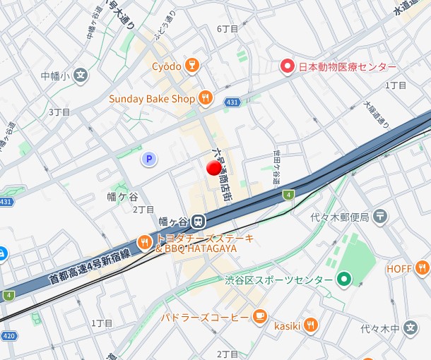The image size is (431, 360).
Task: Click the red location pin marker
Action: pos(213,168)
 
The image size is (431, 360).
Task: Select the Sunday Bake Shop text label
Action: pos(151,99)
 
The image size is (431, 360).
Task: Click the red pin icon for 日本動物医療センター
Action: pos(287,67)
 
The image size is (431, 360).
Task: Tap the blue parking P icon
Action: pos(148,160)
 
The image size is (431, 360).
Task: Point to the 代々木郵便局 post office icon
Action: pos(381,216)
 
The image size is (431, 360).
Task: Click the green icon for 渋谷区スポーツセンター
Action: pos(344,280)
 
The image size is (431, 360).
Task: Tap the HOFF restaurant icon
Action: pos(422,268)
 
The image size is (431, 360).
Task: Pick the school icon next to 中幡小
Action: pos(81,76)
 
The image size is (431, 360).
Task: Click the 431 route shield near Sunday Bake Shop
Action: pos(232,103)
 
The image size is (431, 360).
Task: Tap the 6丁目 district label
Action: pos(228,28)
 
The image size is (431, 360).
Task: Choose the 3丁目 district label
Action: pos(59,112)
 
